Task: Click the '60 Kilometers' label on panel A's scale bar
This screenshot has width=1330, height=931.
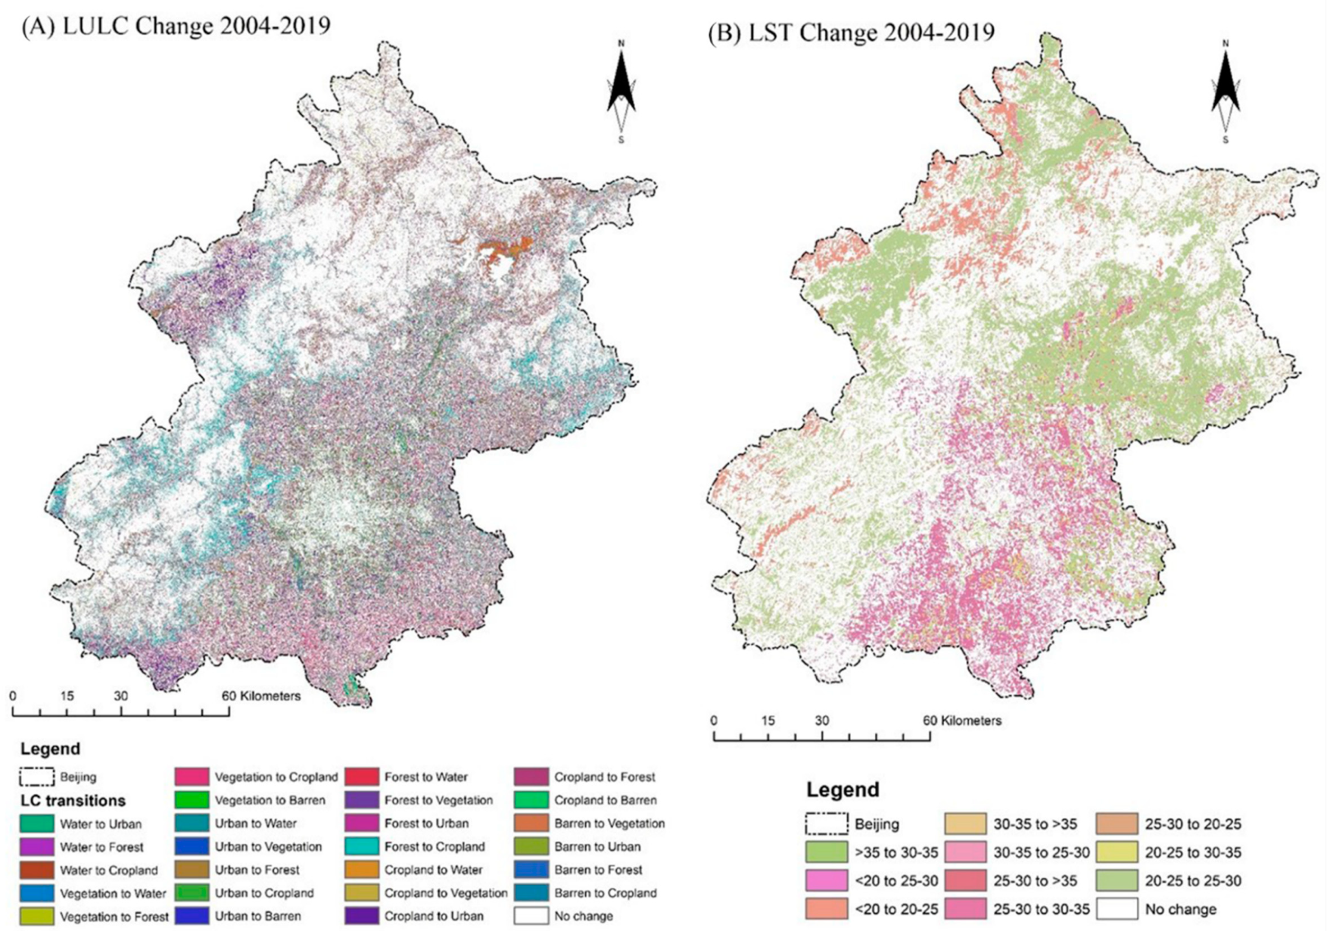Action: pyautogui.click(x=262, y=696)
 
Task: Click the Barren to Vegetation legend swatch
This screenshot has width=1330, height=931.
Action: pyautogui.click(x=531, y=823)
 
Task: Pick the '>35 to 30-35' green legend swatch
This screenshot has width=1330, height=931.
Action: pyautogui.click(x=825, y=853)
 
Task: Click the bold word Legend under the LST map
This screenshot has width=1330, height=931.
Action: pyautogui.click(x=843, y=790)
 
